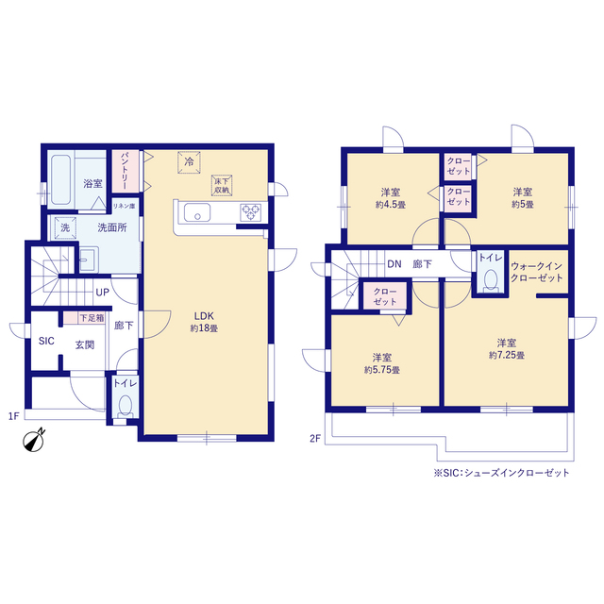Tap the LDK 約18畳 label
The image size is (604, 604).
pyautogui.click(x=204, y=322)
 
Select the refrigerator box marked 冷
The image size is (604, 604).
pyautogui.click(x=189, y=162)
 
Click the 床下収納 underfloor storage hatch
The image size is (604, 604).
pyautogui.click(x=222, y=185)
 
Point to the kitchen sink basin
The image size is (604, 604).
pyautogui.click(x=197, y=212)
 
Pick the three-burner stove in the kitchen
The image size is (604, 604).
pyautogui.click(x=251, y=212)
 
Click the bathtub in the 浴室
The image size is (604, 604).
pyautogui.click(x=60, y=179)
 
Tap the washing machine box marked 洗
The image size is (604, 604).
pyautogui.click(x=65, y=227)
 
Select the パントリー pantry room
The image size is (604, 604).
pyautogui.click(x=126, y=171)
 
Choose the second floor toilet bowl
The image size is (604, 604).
pyautogui.click(x=491, y=280)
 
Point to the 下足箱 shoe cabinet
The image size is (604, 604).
pyautogui.click(x=84, y=318)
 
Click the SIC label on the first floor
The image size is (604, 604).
pyautogui.click(x=46, y=341)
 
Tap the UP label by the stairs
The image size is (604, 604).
pyautogui.click(x=103, y=293)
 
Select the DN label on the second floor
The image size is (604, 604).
pyautogui.click(x=394, y=264)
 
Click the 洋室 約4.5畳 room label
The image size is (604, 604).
pyautogui.click(x=391, y=198)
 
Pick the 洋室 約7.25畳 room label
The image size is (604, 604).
pyautogui.click(x=507, y=348)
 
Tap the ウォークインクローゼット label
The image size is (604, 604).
pyautogui.click(x=537, y=272)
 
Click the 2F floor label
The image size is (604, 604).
pyautogui.click(x=315, y=438)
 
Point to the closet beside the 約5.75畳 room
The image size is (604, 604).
pyautogui.click(x=385, y=296)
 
